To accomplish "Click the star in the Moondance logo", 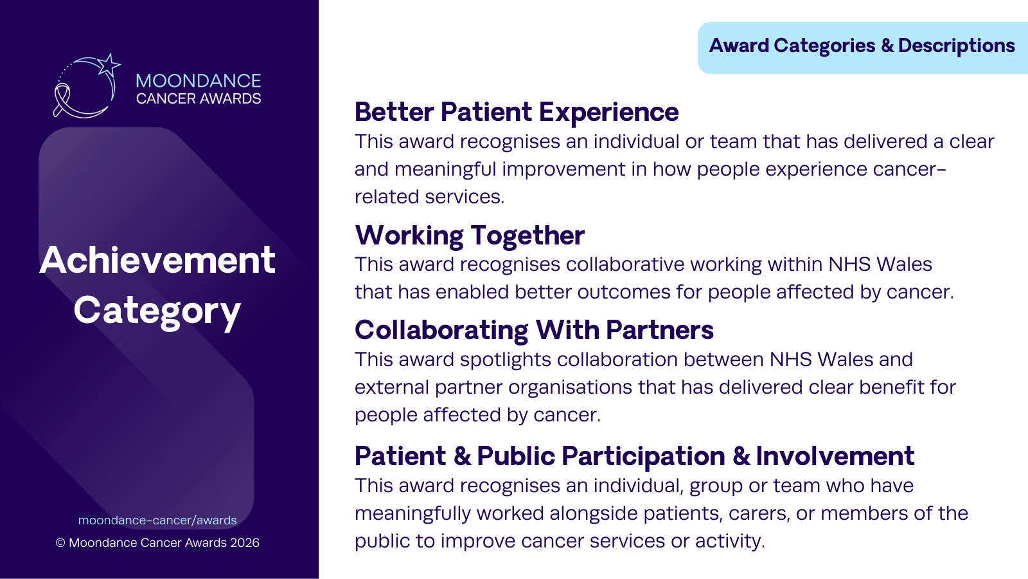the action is [109, 65].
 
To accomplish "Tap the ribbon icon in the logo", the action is [62, 100].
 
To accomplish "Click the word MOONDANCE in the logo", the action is [199, 81].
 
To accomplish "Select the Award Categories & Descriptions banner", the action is [862, 48].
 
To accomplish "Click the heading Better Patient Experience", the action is [517, 112].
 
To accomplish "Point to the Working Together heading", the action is [470, 235].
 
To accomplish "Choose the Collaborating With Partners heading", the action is [534, 330].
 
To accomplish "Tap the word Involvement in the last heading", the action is [835, 456].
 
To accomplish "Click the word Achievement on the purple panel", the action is [157, 260].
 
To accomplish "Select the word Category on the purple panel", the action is [157, 312].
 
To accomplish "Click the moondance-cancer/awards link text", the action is [157, 520].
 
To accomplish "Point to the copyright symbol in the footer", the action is [60, 543].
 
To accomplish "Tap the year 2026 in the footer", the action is [245, 543].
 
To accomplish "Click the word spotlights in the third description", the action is [505, 360].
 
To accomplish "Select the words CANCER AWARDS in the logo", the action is [199, 98].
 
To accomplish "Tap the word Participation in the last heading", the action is [643, 457].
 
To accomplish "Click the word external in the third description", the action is [392, 387].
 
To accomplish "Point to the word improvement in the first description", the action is [563, 170].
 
